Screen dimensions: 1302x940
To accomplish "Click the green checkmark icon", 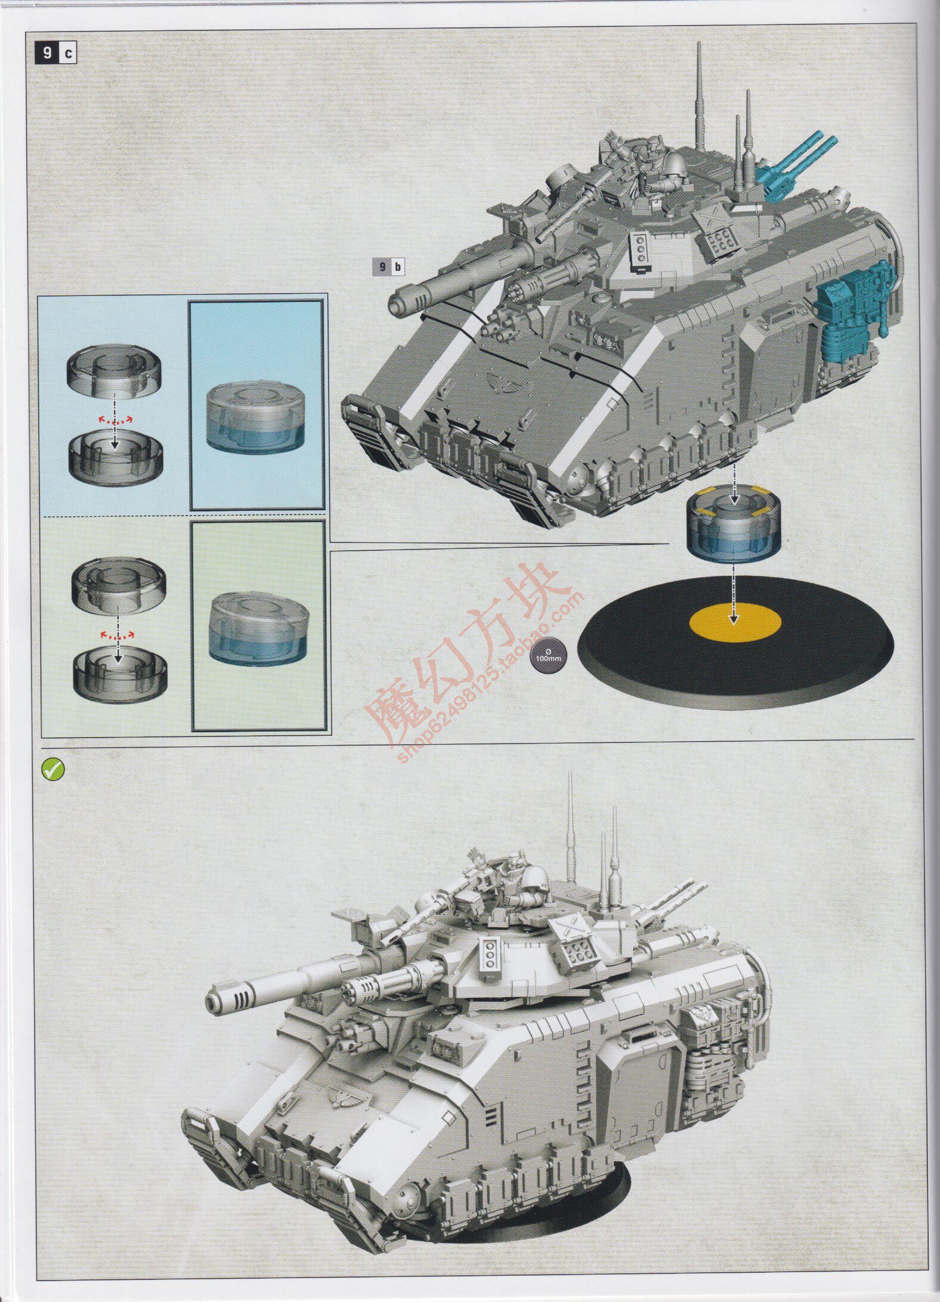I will point(52,770).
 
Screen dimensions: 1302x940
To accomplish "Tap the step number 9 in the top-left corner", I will point(47,53).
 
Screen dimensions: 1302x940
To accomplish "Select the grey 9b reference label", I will point(388,266).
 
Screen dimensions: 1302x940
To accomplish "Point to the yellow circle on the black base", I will point(735,625).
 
